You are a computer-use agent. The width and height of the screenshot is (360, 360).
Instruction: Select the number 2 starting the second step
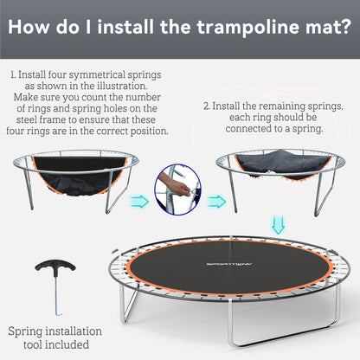[207, 106]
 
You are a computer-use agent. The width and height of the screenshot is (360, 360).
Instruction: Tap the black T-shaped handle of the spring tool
[55, 265]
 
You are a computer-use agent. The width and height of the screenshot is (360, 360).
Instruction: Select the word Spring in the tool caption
[30, 331]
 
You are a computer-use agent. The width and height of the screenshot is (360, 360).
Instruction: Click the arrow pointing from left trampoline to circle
[139, 202]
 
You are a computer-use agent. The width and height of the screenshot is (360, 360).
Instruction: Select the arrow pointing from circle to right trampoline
[218, 202]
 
